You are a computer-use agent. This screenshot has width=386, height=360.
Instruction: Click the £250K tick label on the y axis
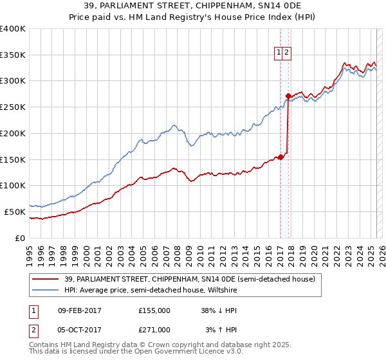point(13,107)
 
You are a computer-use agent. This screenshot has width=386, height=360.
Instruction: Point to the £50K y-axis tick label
point(15,212)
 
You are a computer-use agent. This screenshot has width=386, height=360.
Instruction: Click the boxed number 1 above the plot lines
point(280,54)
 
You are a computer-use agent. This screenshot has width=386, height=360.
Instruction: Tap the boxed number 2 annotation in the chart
point(287,54)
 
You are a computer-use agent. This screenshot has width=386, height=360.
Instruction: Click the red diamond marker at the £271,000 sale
point(288,96)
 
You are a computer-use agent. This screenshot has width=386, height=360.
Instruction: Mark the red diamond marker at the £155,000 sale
point(280,157)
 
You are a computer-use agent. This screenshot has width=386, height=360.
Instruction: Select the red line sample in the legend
point(46,279)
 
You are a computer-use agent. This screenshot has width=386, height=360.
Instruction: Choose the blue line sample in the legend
point(46,290)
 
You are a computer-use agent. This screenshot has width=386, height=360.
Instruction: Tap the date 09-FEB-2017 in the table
point(80,310)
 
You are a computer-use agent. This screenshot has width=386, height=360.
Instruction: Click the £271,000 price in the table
point(154,329)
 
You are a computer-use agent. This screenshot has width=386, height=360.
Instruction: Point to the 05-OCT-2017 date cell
point(80,329)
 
